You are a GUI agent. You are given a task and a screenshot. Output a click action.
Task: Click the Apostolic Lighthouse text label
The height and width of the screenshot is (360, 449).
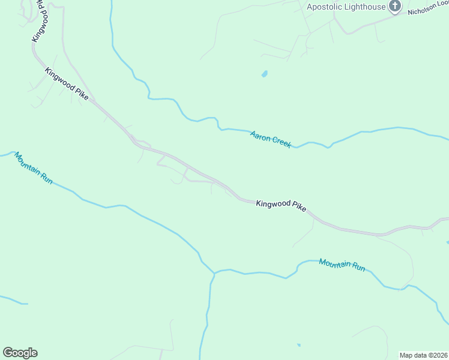coord(346,7)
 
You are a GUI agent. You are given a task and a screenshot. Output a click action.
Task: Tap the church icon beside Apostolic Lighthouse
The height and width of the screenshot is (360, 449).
coord(394,7)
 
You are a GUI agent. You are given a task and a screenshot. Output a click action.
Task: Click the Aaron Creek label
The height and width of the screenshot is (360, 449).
coord(271,139)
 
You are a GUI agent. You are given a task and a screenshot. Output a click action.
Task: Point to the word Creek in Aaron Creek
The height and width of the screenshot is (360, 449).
coord(282,142)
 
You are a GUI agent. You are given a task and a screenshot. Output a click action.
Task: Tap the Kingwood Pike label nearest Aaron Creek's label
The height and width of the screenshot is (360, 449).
coord(281,205)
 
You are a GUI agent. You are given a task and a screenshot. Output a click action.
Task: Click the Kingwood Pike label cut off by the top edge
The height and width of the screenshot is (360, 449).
coord(38,24)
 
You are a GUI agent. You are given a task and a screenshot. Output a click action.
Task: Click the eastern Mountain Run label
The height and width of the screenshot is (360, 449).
coord(342,265)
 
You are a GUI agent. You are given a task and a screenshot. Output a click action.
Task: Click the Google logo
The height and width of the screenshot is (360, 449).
coord(20,353)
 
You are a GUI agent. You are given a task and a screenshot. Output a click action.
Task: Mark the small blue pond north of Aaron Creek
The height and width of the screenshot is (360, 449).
coord(264,74)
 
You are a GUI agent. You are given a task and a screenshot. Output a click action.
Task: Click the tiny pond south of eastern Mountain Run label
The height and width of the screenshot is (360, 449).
coord(298,345)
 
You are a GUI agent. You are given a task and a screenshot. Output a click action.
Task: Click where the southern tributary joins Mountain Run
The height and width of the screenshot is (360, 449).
coord(214,273)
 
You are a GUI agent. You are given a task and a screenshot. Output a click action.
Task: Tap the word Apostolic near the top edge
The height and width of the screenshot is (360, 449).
coord(325,7)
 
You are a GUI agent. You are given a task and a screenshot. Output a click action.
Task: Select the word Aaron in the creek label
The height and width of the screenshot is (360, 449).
coord(261,137)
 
